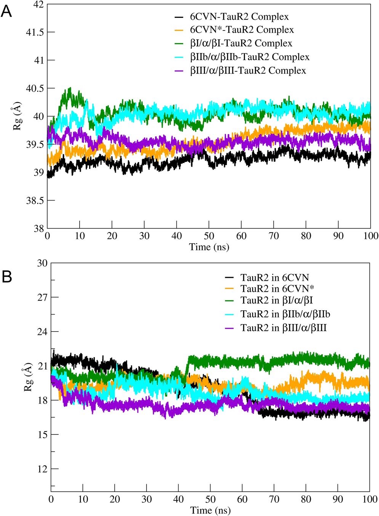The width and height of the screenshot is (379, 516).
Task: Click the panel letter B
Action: [x=6, y=277]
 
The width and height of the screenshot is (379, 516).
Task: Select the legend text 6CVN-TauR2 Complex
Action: [x=239, y=17]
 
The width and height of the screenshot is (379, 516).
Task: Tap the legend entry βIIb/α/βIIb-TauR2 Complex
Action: [x=249, y=57]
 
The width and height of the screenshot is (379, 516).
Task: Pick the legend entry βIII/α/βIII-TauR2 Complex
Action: [x=248, y=71]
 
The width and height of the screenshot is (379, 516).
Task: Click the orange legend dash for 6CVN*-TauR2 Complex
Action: [x=179, y=30]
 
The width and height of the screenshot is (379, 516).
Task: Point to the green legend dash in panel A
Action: [x=179, y=44]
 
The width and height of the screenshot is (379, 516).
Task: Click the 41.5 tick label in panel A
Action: [x=35, y=32]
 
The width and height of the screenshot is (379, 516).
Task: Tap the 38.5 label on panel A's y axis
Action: [x=35, y=200]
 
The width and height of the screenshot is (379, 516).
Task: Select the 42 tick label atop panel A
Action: [x=39, y=5]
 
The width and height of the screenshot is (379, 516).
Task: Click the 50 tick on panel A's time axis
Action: [x=209, y=236]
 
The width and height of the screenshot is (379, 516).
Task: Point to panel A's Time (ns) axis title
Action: [x=209, y=247]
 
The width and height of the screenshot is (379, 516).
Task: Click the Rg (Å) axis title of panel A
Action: [x=18, y=116]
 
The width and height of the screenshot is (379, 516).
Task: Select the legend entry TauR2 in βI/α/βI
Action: [x=277, y=301]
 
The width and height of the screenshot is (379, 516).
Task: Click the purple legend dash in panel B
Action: [x=229, y=328]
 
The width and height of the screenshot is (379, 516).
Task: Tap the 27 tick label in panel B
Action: [x=42, y=297]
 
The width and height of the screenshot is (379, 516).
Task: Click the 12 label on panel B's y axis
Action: [x=42, y=469]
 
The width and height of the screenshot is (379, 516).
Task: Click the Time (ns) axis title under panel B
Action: [x=210, y=510]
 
